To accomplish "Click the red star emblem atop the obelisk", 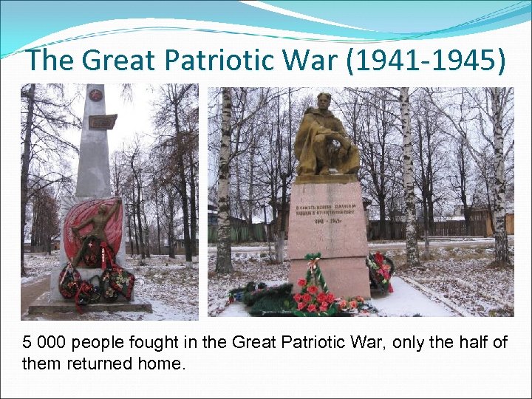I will pyautogui.click(x=95, y=95).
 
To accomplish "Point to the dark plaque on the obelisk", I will pyautogui.click(x=102, y=121).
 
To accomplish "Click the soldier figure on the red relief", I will pyautogui.click(x=91, y=233).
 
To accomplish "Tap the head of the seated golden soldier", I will pyautogui.click(x=324, y=100).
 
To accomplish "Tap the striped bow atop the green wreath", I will pyautogui.click(x=315, y=261).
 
